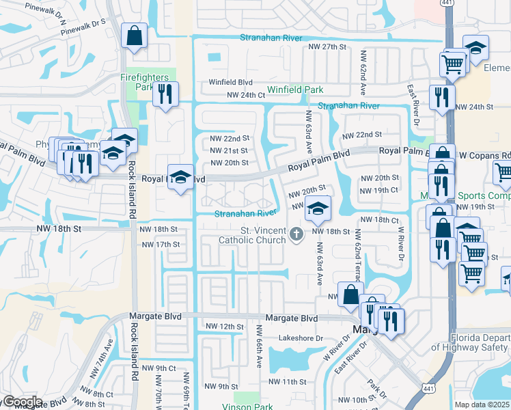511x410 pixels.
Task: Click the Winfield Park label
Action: (x=295, y=90)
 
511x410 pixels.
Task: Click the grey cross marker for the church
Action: (x=296, y=234)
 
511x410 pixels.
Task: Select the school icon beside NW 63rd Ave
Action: (x=317, y=208)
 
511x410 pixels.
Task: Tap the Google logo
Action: (x=22, y=402)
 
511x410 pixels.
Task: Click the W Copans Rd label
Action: (x=486, y=155)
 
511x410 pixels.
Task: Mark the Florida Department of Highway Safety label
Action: (x=481, y=342)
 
